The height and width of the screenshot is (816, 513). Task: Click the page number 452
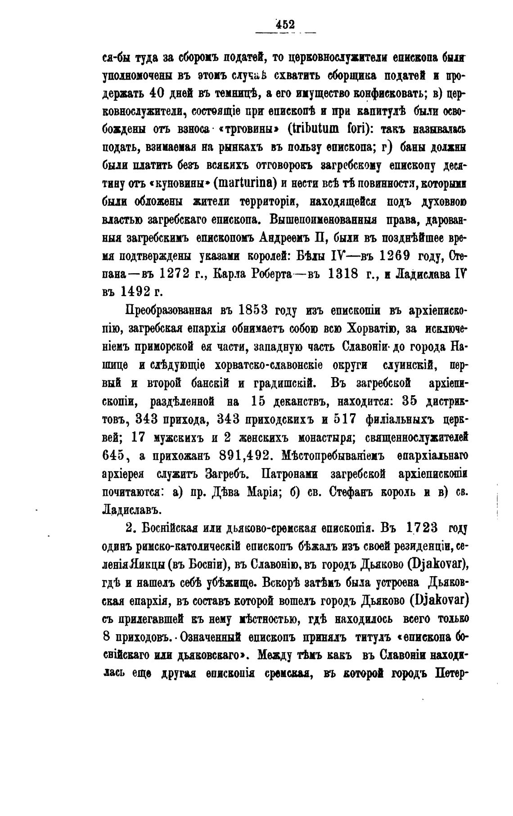pos(285,24)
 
